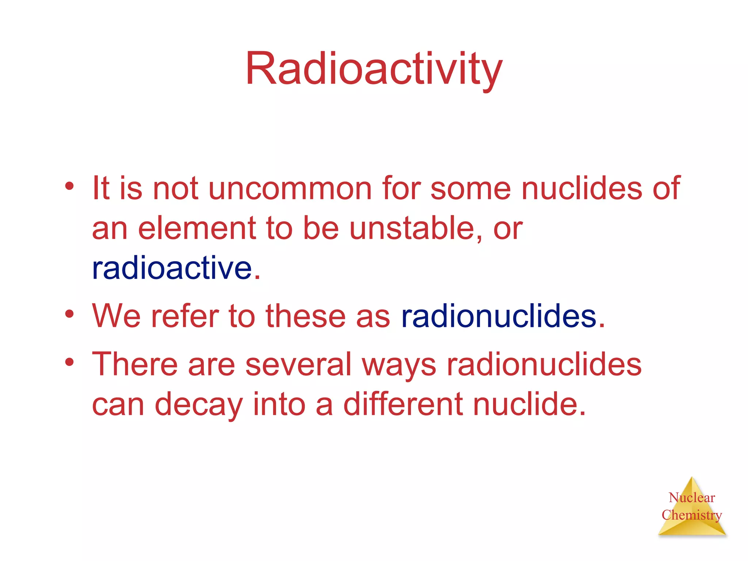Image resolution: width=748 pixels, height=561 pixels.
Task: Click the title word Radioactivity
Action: (374, 69)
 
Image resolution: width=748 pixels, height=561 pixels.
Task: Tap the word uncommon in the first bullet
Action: (290, 188)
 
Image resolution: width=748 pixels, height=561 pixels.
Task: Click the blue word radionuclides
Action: (499, 316)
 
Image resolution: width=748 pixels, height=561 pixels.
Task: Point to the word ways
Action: (399, 365)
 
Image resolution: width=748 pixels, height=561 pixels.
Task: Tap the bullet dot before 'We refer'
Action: (69, 314)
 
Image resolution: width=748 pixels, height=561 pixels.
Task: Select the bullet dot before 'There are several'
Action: (69, 362)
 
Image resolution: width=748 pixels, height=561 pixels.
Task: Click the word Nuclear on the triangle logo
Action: (692, 497)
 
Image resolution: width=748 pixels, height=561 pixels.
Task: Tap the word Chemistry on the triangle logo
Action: (692, 515)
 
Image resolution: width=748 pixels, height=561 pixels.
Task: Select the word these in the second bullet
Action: (305, 316)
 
